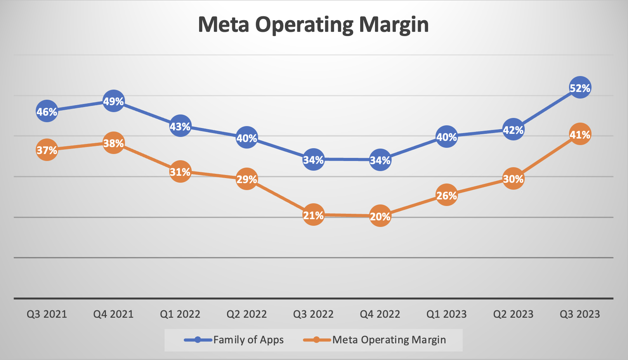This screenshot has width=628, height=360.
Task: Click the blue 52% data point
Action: (x=580, y=88)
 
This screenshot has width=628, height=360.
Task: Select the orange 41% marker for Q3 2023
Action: (x=580, y=134)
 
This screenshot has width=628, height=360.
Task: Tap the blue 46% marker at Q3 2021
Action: (x=47, y=111)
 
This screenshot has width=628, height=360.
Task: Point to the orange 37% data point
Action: (x=47, y=150)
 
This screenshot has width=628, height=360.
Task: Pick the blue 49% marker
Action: (x=113, y=101)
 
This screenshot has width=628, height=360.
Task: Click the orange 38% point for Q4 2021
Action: (x=113, y=143)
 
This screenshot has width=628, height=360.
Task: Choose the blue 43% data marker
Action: (x=180, y=126)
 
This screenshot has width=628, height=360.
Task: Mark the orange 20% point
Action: (x=380, y=216)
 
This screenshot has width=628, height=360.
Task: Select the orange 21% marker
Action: (x=313, y=215)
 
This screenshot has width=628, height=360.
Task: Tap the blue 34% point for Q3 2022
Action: (x=313, y=159)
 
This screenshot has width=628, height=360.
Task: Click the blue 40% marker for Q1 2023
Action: (x=447, y=137)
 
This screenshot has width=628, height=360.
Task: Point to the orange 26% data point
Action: (x=447, y=195)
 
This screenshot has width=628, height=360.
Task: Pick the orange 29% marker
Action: (x=247, y=179)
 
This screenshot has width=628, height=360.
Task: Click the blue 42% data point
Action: (x=513, y=130)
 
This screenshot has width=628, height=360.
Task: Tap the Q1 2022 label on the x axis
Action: (x=180, y=314)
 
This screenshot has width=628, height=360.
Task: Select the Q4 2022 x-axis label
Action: (x=380, y=314)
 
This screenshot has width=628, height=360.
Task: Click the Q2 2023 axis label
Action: (x=513, y=314)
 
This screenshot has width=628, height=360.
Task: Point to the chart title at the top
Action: (x=313, y=25)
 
